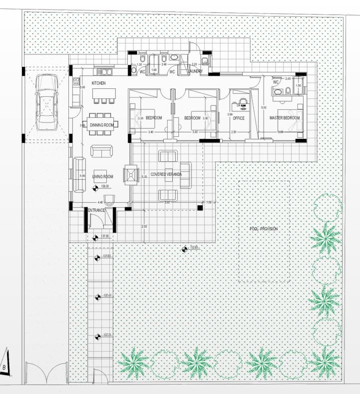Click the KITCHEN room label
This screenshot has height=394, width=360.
click(x=98, y=83)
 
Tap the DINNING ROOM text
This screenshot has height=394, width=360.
click(x=102, y=125)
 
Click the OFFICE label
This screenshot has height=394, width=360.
click(x=238, y=118)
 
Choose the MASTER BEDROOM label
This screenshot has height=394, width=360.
click(x=285, y=118)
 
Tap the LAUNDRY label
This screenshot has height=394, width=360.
click(x=194, y=72)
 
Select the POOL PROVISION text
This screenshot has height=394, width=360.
click(x=263, y=229)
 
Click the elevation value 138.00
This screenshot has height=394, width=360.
click(x=105, y=186)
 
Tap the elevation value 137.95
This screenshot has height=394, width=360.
click(x=105, y=236)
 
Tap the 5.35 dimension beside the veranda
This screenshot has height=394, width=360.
click(x=144, y=176)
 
